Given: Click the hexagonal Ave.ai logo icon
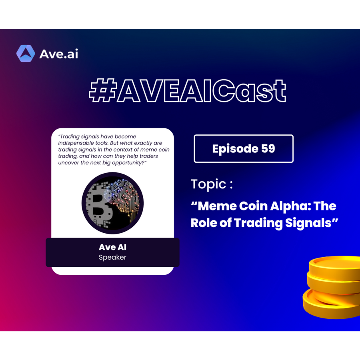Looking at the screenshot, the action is point(26,54).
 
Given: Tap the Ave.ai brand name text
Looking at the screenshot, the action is point(59,54).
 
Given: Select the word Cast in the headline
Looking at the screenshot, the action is point(249,90).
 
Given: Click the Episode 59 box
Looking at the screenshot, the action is point(244,148).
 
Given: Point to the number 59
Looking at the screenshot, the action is point(268,148).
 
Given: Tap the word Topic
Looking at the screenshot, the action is point(209,184).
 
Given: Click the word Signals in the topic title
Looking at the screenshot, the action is point(308,223).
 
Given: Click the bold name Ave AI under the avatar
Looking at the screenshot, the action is point(112,247).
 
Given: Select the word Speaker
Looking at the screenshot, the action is point(112,257).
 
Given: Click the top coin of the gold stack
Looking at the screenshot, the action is point(334,266).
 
